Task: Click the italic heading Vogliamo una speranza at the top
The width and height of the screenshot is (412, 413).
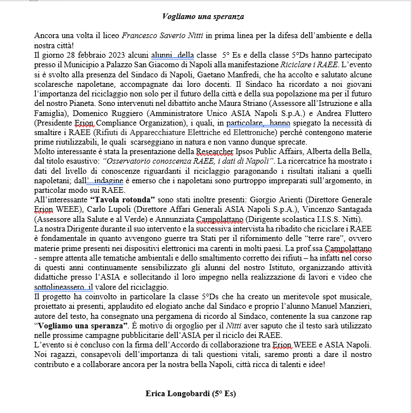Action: click(x=203, y=17)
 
